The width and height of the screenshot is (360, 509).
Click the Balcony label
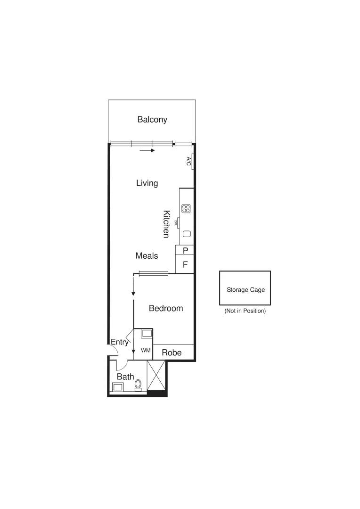tap(152, 119)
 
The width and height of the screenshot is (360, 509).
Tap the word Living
tap(147, 183)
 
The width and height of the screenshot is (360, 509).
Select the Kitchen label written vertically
tap(166, 224)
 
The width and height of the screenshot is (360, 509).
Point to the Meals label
tap(147, 255)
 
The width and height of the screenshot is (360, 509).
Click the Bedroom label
tap(166, 308)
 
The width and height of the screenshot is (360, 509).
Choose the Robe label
tap(172, 353)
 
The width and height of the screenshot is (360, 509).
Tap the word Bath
tap(125, 377)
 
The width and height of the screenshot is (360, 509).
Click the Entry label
tap(119, 342)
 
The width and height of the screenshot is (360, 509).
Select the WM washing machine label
tap(146, 351)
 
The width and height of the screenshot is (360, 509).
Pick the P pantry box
tap(185, 251)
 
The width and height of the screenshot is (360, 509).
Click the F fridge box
tap(185, 264)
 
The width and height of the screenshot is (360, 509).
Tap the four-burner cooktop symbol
tap(186, 208)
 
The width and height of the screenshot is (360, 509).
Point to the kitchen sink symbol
tap(187, 234)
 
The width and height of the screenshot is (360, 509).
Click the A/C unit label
tap(188, 161)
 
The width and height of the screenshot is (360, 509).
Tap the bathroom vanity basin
tap(118, 387)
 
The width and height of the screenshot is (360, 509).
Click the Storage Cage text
tap(245, 290)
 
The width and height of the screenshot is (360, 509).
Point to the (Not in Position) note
tap(245, 311)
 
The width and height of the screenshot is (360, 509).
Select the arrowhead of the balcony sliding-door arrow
tap(153, 151)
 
